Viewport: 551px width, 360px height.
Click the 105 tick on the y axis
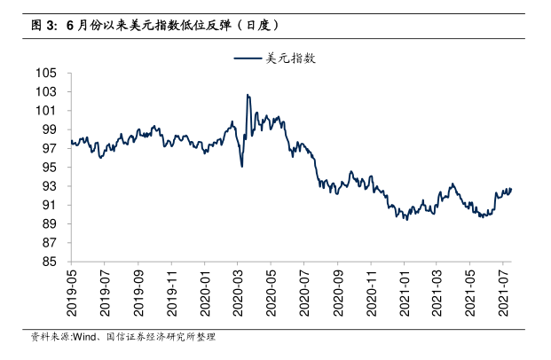tap(46, 73)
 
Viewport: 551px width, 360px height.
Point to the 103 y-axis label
tap(46, 91)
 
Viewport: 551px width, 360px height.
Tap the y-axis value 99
tap(50, 129)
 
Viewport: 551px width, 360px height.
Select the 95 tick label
tap(50, 167)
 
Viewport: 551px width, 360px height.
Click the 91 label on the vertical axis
tap(50, 205)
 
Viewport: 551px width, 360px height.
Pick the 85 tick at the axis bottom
tap(50, 262)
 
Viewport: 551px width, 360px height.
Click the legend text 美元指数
tap(291, 59)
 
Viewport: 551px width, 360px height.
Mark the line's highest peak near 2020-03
tap(248, 95)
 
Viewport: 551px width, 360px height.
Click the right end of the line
tap(511, 188)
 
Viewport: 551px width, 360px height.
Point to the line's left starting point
tap(70, 139)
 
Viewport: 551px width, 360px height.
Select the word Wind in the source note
tap(84, 338)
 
